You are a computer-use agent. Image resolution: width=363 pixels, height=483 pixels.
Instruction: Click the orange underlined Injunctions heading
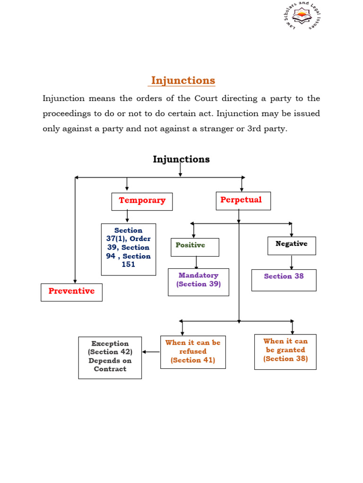pyautogui.click(x=183, y=81)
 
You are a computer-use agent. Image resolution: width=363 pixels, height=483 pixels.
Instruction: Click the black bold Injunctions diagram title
pyautogui.click(x=181, y=159)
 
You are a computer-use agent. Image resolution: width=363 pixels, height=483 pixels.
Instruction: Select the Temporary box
pyautogui.click(x=142, y=201)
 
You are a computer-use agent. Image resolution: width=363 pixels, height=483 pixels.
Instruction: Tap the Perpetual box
pyautogui.click(x=243, y=200)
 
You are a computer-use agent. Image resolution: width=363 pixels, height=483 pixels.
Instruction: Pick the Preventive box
pyautogui.click(x=71, y=292)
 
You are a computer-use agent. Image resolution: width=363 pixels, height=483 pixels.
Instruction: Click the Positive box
pyautogui.click(x=195, y=247)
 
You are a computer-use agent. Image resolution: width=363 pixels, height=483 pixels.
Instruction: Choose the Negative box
pyautogui.click(x=292, y=245)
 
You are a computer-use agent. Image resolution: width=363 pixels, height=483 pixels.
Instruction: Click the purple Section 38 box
pyautogui.click(x=284, y=280)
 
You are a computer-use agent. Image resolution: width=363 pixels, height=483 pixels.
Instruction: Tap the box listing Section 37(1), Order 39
pyautogui.click(x=128, y=249)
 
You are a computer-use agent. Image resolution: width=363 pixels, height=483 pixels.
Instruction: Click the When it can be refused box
pyautogui.click(x=192, y=352)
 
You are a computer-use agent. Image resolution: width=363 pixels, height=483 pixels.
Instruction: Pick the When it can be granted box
pyautogui.click(x=285, y=351)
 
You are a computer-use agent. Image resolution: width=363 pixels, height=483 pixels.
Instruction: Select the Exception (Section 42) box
pyautogui.click(x=110, y=358)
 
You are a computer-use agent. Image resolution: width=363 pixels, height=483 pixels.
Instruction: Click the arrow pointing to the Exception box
pyautogui.click(x=151, y=351)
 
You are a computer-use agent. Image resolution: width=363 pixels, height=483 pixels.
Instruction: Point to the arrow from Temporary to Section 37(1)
pyautogui.click(x=127, y=217)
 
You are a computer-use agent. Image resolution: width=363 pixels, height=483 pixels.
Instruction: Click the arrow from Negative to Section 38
pyautogui.click(x=292, y=262)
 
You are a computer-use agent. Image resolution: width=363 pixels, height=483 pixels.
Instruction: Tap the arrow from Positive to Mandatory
pyautogui.click(x=196, y=262)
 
